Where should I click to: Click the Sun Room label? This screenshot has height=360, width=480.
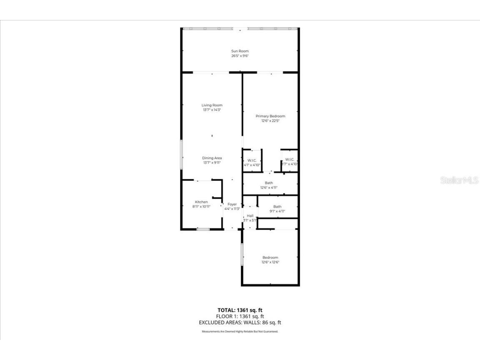click(x=240, y=51)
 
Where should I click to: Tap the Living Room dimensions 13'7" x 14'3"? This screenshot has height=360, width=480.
click(x=212, y=110)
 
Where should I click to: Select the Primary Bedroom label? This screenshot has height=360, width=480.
click(x=270, y=116)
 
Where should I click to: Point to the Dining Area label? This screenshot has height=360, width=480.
click(x=212, y=158)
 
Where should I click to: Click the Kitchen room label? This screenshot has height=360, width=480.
click(x=201, y=202)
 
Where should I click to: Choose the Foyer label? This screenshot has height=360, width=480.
click(x=232, y=204)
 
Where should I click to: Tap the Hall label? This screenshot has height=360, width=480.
click(x=250, y=215)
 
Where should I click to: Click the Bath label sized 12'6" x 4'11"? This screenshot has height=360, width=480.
click(x=269, y=183)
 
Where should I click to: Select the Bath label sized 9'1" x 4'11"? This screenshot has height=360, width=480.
click(x=277, y=207)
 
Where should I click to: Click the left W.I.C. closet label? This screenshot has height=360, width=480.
click(x=252, y=160)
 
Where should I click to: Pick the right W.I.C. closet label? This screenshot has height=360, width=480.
click(x=290, y=159)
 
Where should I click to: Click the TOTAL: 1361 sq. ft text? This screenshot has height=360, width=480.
click(x=240, y=310)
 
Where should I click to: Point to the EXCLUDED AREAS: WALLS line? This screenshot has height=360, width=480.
click(x=240, y=322)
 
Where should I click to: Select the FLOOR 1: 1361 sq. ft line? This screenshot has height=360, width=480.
click(x=240, y=316)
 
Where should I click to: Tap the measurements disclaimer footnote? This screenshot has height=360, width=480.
click(x=240, y=332)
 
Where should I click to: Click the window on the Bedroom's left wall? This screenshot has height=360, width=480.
click(x=242, y=255)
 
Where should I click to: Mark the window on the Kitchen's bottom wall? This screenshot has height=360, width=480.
click(x=203, y=229)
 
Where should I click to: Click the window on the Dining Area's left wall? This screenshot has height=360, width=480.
click(x=181, y=154)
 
